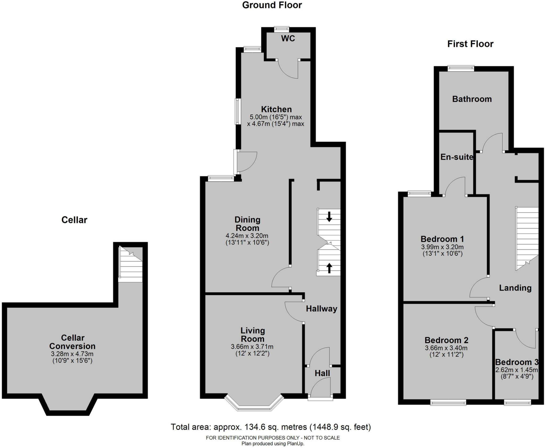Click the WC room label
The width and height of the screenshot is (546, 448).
coord(288,39)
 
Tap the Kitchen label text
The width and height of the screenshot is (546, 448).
coord(276,109)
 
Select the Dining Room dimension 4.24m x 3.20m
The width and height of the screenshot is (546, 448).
coord(247,236)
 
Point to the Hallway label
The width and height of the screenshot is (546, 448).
coord(322,309)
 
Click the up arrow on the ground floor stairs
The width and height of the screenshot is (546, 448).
coord(329,268)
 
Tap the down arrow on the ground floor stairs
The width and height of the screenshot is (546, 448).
coord(329,217)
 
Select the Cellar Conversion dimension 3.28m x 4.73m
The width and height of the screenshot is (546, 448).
coord(72,354)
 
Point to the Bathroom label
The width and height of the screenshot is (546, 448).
coord(472,99)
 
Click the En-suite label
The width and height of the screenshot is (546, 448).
coord(457,157)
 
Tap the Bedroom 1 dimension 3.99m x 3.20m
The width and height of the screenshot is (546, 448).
coord(442,247)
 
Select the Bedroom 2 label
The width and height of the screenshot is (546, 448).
coord(446,340)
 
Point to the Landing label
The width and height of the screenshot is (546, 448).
coord(515,288)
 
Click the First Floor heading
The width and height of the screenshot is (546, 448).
coord(470,44)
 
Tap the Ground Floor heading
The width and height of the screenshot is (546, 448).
coord(272,5)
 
